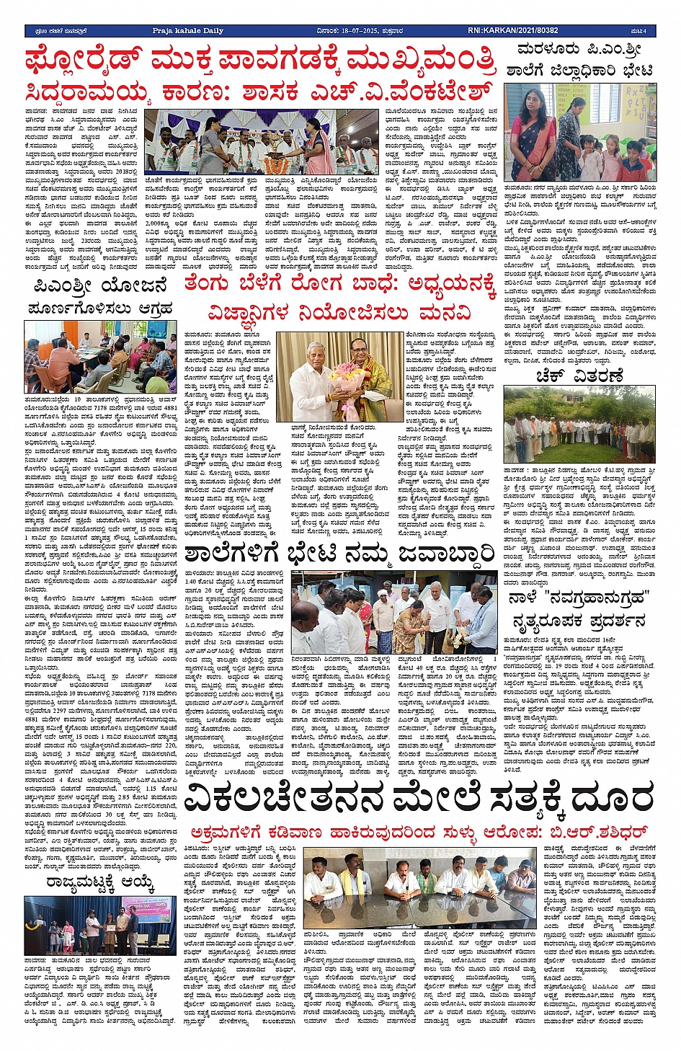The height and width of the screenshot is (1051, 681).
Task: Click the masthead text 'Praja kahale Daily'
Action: tap(187, 31)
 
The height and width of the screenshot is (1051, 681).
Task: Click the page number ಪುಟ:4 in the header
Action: tap(638, 31)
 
